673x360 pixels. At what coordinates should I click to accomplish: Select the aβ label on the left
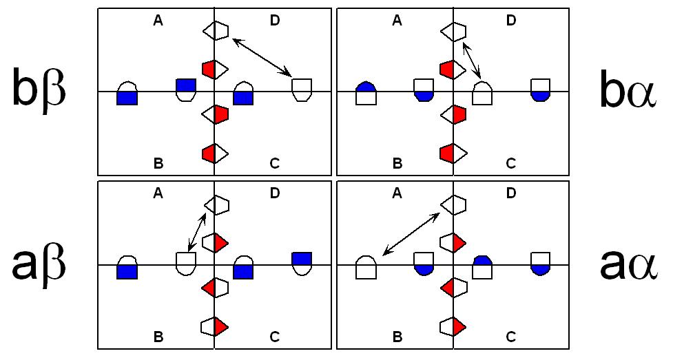[39, 264]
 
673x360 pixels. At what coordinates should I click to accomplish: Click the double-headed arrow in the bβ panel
[262, 57]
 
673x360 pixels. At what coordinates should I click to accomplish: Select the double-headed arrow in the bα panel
[472, 61]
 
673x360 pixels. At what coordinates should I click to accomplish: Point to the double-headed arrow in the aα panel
[411, 234]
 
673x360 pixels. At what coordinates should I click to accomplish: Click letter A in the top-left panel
[158, 21]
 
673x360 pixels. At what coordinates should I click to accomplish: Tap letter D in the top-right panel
[511, 21]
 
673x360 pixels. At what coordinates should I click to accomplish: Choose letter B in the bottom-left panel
[158, 337]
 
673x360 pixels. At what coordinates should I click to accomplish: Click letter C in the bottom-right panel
[511, 337]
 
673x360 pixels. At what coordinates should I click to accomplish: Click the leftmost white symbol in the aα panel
[366, 267]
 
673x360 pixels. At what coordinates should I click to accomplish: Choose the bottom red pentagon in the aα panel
[453, 325]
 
